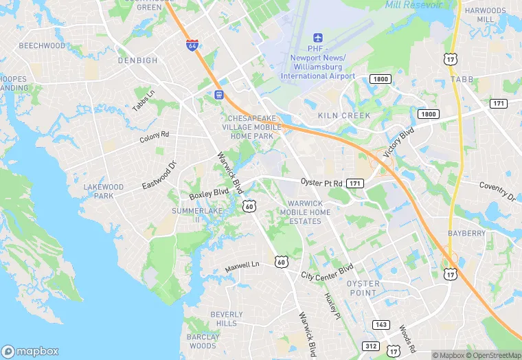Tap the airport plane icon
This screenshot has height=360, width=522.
317,37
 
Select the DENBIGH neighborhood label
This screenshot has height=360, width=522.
137,60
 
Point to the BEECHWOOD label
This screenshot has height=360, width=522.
42,46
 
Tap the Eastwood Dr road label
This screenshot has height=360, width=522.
159,176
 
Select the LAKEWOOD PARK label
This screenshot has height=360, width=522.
103,191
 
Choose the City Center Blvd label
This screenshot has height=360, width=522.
327,271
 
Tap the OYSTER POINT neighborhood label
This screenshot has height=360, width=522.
363,288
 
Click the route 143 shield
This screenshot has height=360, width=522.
382,324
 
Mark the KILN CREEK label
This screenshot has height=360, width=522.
344,116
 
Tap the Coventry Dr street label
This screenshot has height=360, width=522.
497,192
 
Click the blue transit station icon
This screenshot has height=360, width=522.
219,95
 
